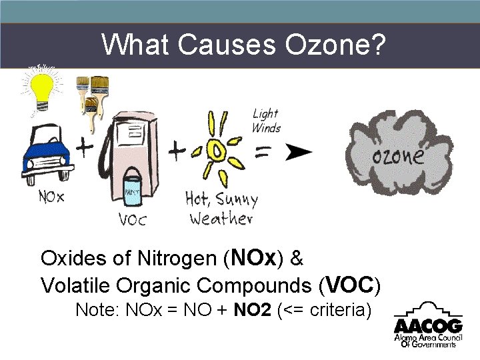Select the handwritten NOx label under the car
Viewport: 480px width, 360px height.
tap(51, 197)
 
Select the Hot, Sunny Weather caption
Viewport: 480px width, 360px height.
tap(221, 209)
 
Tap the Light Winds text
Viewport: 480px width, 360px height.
tap(266, 121)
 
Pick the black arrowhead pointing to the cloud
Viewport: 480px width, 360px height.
tap(299, 151)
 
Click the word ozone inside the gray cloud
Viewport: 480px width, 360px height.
tap(398, 156)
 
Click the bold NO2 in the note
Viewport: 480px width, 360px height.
tap(253, 310)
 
